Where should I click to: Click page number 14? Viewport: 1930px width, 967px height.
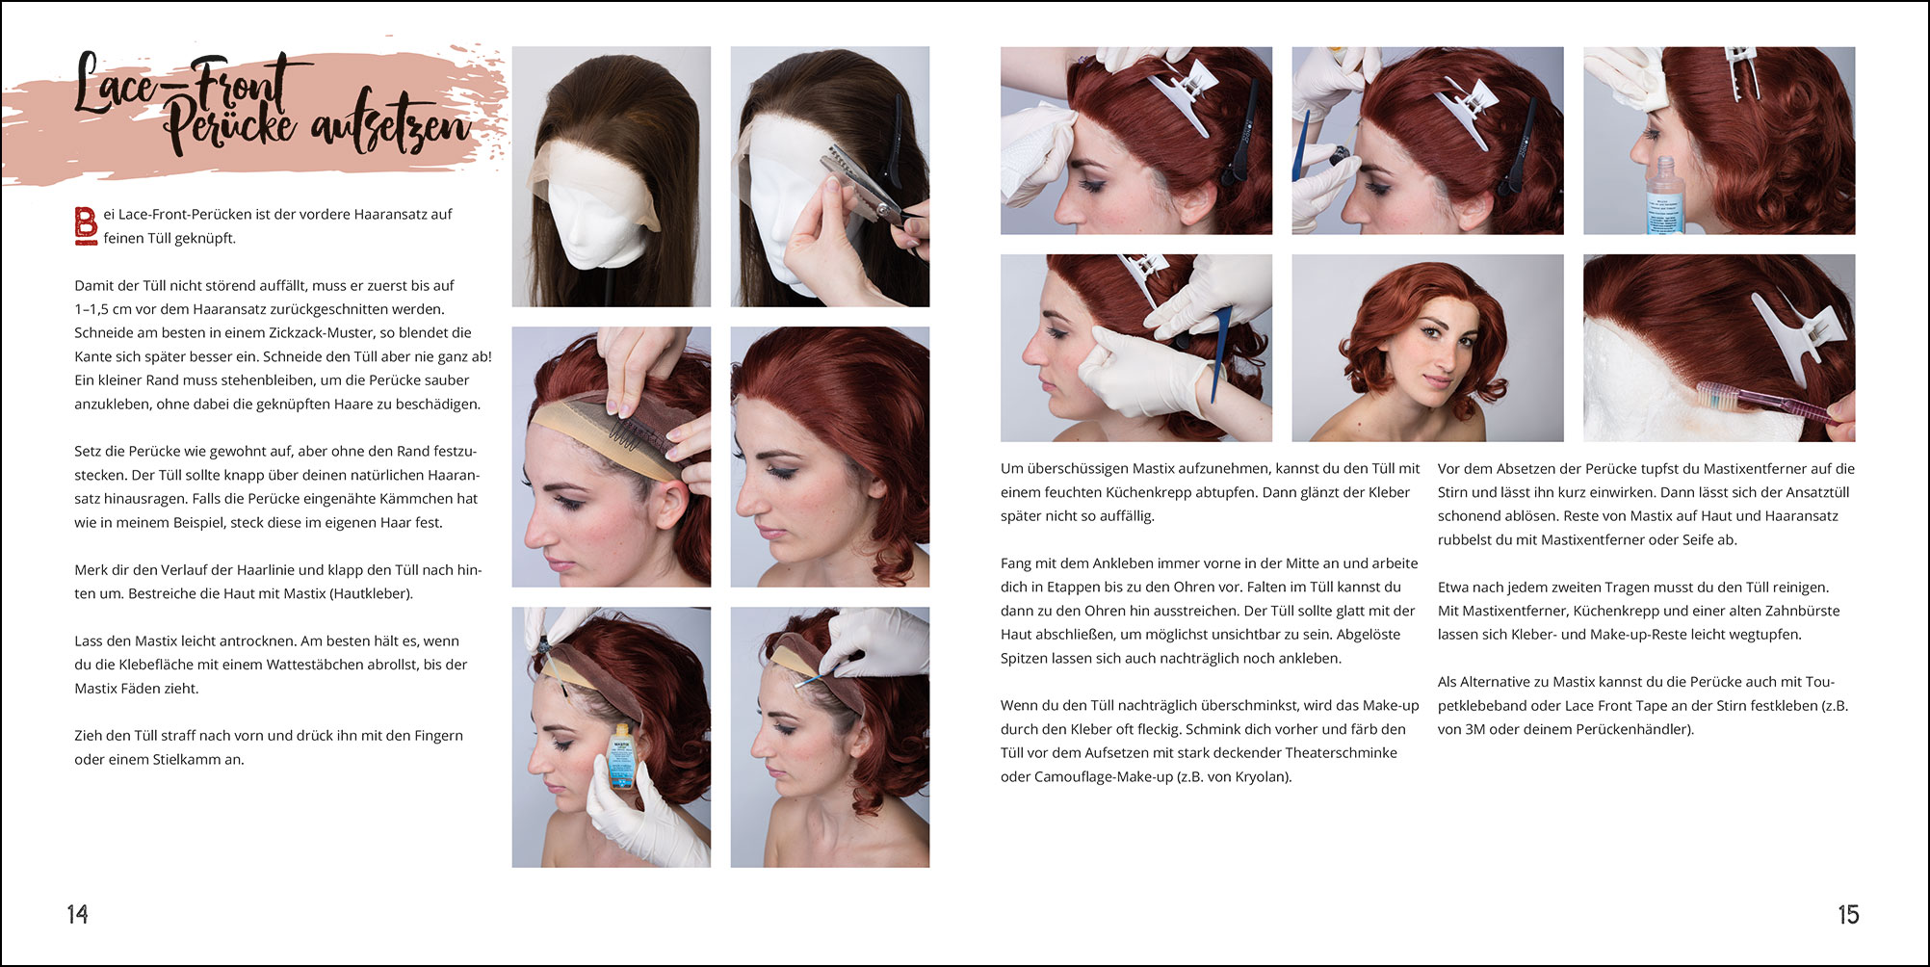tap(77, 914)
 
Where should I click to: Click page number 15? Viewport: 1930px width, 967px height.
tap(1848, 914)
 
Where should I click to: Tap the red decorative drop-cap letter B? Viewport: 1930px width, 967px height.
tap(86, 225)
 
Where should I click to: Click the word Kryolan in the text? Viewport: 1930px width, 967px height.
tap(1258, 776)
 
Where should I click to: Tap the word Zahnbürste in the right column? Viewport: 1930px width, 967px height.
tap(1802, 611)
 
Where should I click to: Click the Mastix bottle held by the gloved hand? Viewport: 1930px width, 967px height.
tap(622, 757)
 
